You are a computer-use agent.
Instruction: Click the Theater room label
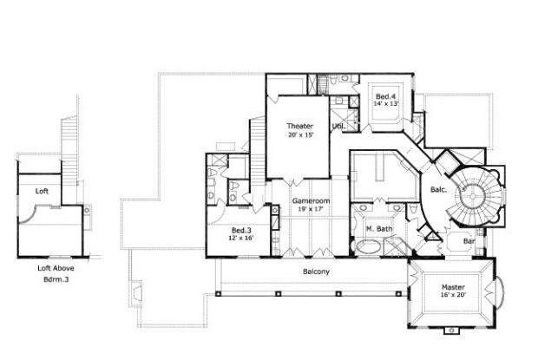tap(300, 127)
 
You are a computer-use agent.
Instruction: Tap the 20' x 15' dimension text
tap(300, 135)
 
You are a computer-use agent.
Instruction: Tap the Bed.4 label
tap(384, 95)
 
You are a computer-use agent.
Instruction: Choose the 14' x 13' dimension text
tap(384, 104)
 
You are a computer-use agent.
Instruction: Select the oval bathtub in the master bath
tap(370, 246)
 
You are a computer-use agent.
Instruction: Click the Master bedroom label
tap(452, 287)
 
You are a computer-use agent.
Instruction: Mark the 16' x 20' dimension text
tap(452, 296)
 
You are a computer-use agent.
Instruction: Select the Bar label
tap(469, 240)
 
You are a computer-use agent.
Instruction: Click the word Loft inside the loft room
tap(42, 190)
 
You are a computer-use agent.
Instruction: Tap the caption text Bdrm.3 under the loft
tap(51, 279)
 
